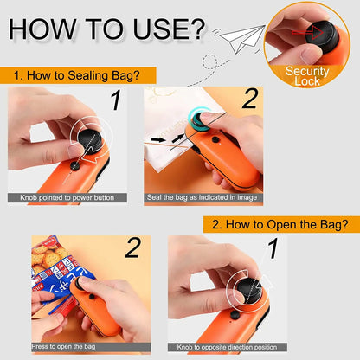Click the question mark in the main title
click(191, 29)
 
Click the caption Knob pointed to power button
click(73, 198)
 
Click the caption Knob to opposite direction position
click(220, 346)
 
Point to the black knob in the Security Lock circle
click(308, 35)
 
